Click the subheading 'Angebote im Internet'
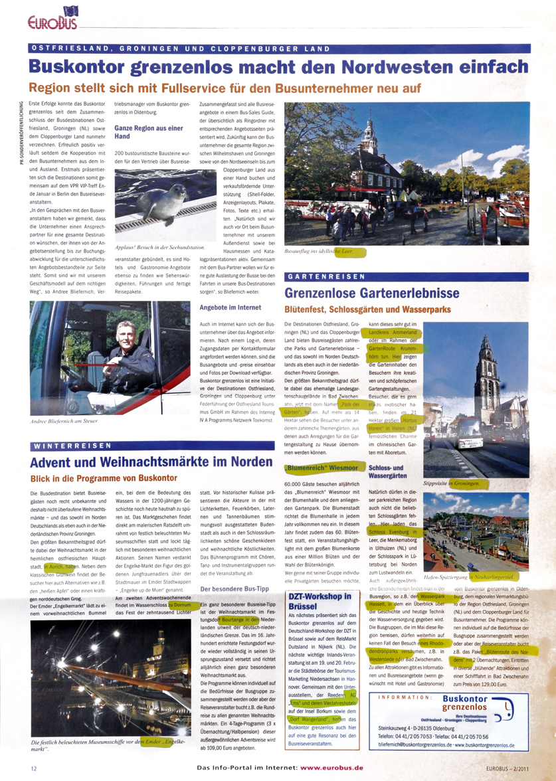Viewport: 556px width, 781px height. pyautogui.click(x=227, y=307)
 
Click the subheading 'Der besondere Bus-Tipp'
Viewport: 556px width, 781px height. pyautogui.click(x=234, y=570)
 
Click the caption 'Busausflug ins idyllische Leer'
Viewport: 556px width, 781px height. pyautogui.click(x=325, y=252)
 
